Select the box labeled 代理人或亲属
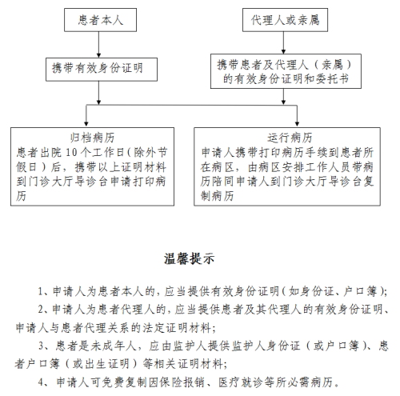coord(289,18)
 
